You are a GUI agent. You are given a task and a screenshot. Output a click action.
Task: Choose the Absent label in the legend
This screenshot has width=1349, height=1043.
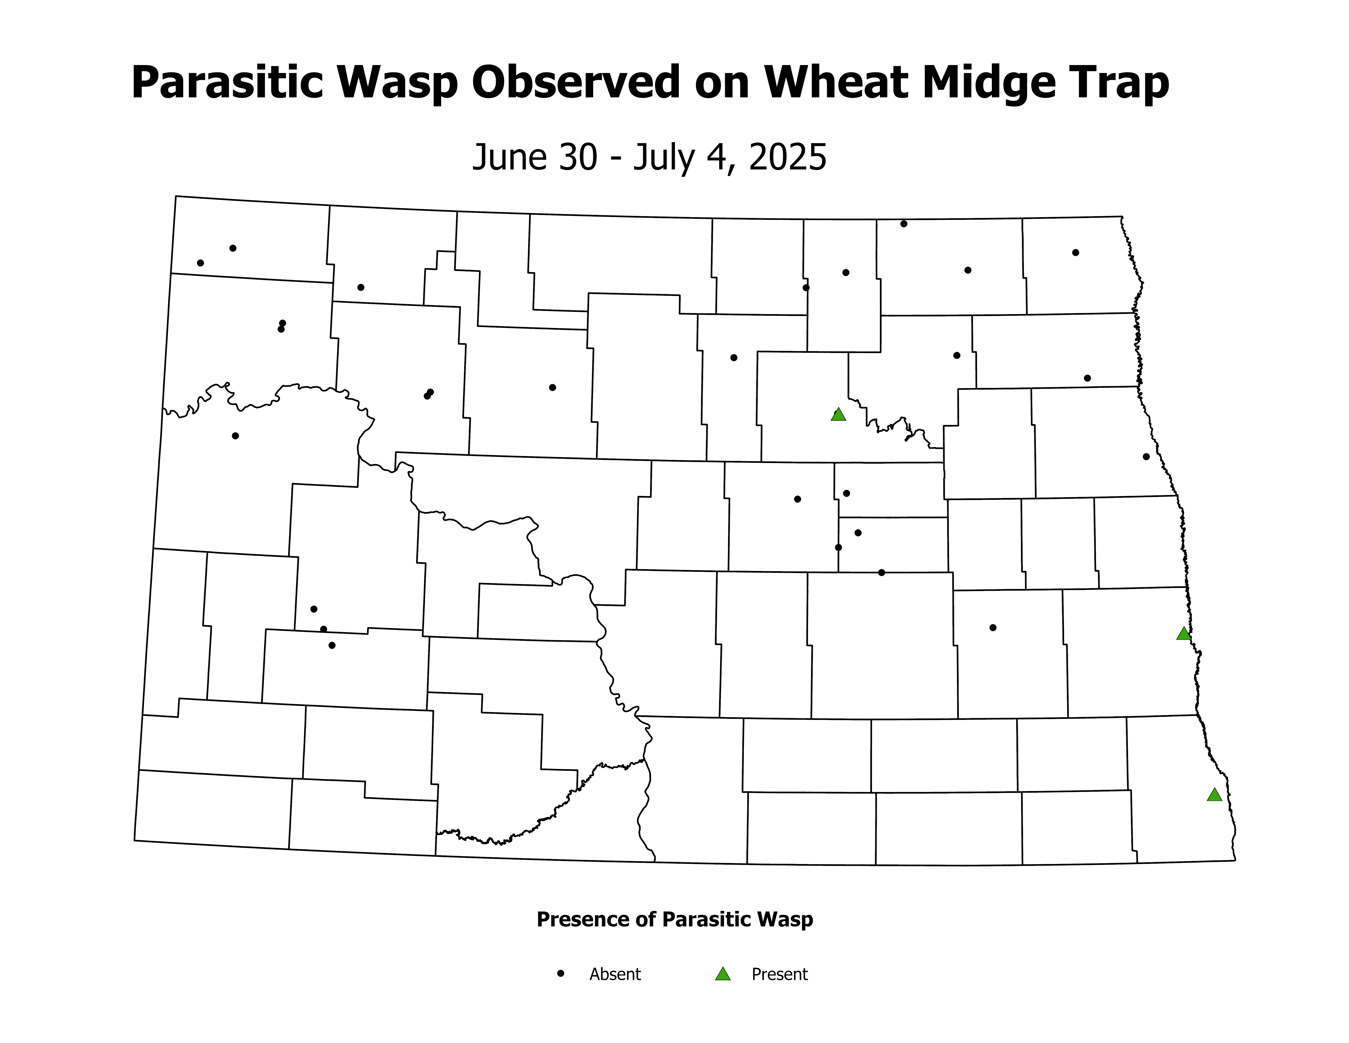(615, 974)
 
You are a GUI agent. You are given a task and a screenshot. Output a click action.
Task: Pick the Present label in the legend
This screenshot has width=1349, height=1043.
(780, 974)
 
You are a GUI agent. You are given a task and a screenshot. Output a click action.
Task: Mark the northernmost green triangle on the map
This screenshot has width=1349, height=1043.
(838, 415)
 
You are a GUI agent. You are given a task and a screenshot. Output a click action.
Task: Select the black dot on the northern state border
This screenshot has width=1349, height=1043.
(904, 224)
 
